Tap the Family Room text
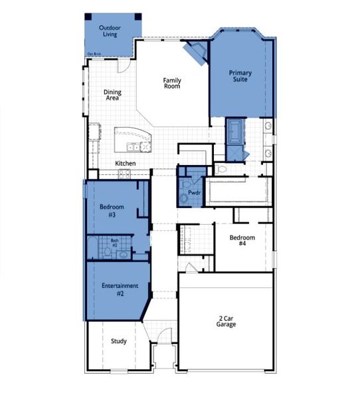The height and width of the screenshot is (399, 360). [172, 84]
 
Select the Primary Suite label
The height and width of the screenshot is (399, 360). [240, 76]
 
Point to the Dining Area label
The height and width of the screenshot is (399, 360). [112, 95]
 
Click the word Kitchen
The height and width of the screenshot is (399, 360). [126, 164]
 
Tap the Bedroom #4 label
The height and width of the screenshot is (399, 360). [242, 241]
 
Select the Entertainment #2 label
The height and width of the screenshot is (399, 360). [120, 289]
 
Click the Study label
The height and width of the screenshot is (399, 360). [118, 341]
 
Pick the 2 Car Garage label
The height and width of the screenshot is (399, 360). [226, 321]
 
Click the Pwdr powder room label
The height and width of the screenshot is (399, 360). [194, 192]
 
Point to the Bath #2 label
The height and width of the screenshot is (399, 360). [114, 243]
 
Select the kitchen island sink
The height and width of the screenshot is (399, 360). [135, 146]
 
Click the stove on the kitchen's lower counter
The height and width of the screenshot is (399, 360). [125, 174]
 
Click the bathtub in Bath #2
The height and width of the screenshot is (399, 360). [92, 247]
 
